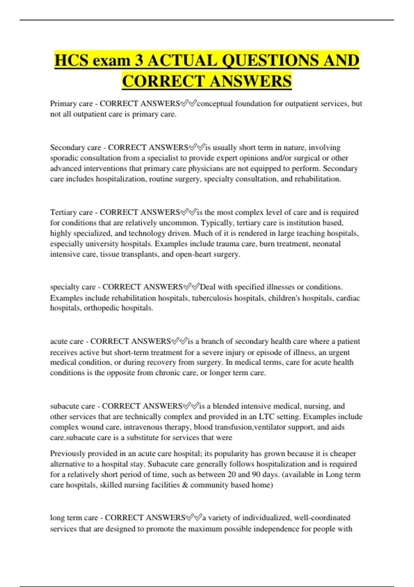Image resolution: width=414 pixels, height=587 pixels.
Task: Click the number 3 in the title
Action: (x=139, y=61)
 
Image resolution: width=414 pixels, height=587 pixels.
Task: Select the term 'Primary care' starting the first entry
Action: (x=71, y=104)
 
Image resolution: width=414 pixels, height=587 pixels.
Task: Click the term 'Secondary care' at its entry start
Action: (x=76, y=147)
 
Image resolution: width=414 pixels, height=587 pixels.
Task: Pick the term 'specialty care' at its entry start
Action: (x=73, y=287)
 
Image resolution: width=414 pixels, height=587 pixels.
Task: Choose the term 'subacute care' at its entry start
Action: (x=72, y=406)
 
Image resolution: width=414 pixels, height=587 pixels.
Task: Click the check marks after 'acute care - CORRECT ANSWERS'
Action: (x=179, y=341)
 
